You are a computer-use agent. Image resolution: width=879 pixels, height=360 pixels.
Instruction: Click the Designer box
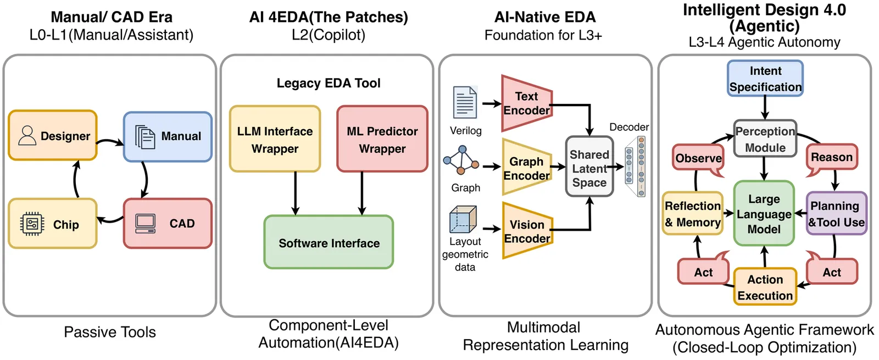coord(53,136)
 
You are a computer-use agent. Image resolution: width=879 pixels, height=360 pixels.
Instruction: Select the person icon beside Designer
coord(27,135)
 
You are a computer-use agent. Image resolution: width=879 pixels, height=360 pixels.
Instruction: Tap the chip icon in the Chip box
coord(32,224)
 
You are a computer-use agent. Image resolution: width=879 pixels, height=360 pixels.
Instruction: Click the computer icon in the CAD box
coord(146,223)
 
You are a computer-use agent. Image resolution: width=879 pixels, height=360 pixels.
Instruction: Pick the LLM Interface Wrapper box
coord(275,140)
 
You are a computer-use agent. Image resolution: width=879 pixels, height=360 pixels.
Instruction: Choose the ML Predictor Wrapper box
coord(382,140)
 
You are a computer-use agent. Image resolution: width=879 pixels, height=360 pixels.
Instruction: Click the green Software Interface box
coord(329,242)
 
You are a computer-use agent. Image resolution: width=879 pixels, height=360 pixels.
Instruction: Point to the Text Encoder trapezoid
coord(526,103)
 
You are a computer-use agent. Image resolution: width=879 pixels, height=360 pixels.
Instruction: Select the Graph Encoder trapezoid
coord(526,168)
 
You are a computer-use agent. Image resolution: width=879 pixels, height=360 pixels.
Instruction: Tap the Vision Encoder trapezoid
coord(526,231)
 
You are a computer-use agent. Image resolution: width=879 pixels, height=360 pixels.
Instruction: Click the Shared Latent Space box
coord(589,168)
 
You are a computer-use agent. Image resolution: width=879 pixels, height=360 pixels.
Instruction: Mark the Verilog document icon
coord(465,102)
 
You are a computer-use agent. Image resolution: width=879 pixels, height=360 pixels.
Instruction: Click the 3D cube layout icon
coord(463,219)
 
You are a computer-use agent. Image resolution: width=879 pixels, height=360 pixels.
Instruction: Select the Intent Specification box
coord(765,79)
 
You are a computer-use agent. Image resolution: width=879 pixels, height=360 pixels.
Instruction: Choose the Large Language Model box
coord(764,213)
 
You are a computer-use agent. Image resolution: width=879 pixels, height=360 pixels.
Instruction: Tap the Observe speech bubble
coord(698,158)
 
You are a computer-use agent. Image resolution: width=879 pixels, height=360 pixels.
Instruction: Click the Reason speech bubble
coord(831,157)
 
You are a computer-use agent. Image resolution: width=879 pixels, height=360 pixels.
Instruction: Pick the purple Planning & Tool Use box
coord(836,213)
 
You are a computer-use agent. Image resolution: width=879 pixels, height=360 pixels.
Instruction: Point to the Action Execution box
coord(765,286)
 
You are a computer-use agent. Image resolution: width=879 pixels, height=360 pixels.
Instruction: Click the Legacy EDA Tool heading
coord(329,83)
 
